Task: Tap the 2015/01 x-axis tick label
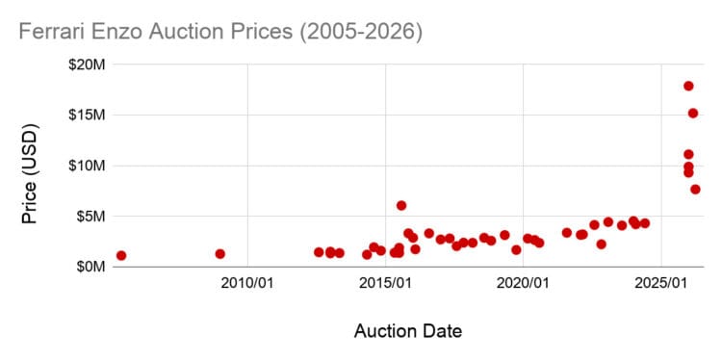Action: coord(386,285)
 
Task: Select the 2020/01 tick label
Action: coord(524,285)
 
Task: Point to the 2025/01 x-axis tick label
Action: coord(661,285)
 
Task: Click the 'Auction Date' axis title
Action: coord(407,332)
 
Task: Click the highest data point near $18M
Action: coord(688,86)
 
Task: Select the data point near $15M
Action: coord(692,114)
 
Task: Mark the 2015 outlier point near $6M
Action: coord(401,206)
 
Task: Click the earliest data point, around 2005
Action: coord(121,256)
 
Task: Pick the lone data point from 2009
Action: coord(219,254)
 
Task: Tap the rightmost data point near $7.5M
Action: coord(695,189)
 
